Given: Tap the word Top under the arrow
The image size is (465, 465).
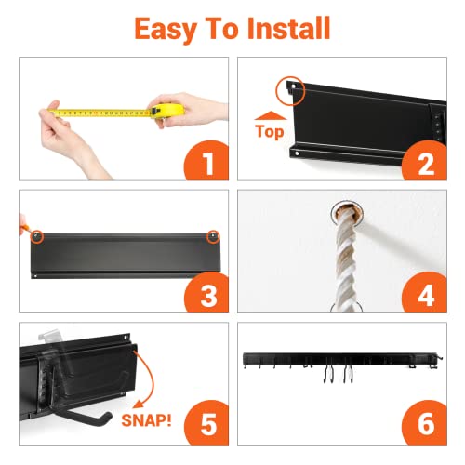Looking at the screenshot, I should point(270,132).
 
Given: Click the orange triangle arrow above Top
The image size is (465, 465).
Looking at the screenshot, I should point(269,116).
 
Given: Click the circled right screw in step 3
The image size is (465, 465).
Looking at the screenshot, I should point(213,236).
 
